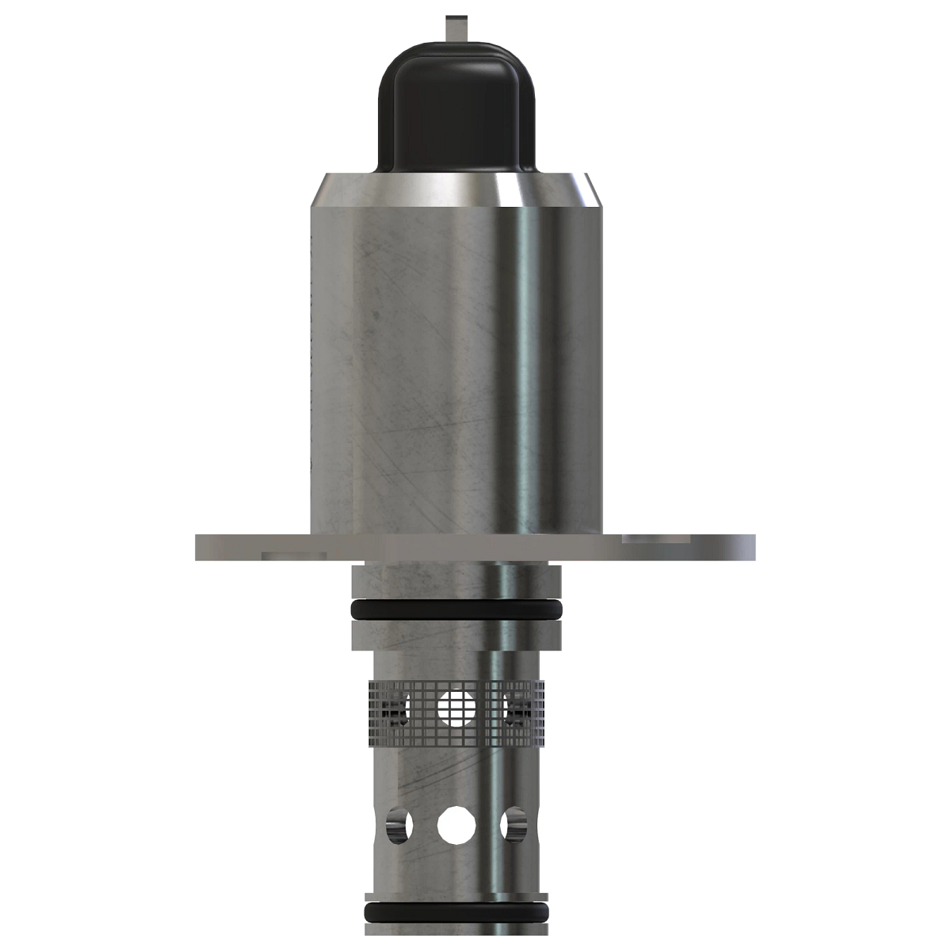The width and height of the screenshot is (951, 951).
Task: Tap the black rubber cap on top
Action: pos(456,111)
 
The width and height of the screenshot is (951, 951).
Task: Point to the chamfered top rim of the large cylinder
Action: pos(456,190)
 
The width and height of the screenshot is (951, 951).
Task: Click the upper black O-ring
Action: pos(456,609)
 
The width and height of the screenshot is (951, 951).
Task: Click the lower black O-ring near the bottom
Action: pos(456,912)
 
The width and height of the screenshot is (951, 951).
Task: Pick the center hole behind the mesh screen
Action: pos(456,708)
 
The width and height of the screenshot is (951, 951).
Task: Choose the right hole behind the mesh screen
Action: pos(517,708)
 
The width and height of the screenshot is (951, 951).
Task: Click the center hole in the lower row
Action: pos(456,826)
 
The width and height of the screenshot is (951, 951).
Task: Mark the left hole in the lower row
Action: pos(399,826)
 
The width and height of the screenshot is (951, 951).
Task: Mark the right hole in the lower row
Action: pos(514,826)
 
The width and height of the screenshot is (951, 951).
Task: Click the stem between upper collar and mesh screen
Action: pos(456,661)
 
